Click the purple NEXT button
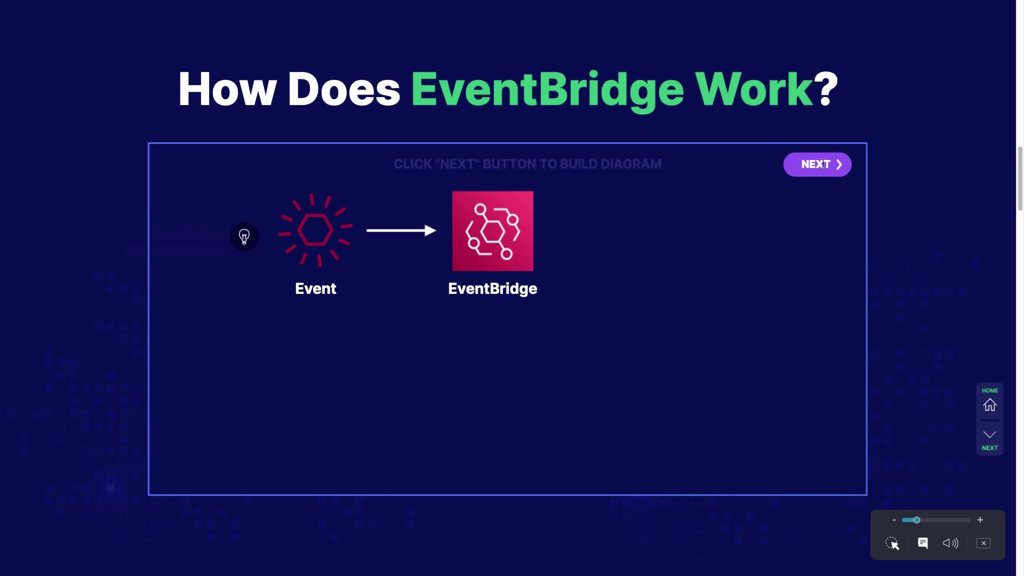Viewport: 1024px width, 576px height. coord(817,164)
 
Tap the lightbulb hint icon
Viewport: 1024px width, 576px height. coord(244,237)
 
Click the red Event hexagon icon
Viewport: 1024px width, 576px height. coord(315,230)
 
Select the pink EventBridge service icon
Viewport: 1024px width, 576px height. coord(493,231)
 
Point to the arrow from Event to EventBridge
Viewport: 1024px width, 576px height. coord(401,230)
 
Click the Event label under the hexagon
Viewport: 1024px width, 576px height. coord(316,289)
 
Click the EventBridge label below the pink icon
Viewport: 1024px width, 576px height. coord(493,289)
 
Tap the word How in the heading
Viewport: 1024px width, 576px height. coord(227,89)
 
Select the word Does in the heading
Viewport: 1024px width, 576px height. coord(344,89)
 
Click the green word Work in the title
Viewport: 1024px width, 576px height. coord(754,89)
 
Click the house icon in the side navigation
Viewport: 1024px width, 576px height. coord(990,405)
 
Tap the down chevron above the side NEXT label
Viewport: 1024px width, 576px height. coord(990,435)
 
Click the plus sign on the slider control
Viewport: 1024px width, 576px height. coord(980,520)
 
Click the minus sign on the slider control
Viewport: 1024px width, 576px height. coord(894,520)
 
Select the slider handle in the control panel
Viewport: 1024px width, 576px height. coord(916,520)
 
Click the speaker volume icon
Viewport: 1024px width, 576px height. coord(950,543)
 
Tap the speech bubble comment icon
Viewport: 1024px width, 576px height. coord(923,543)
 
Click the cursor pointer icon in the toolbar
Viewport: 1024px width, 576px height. coord(892,543)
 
